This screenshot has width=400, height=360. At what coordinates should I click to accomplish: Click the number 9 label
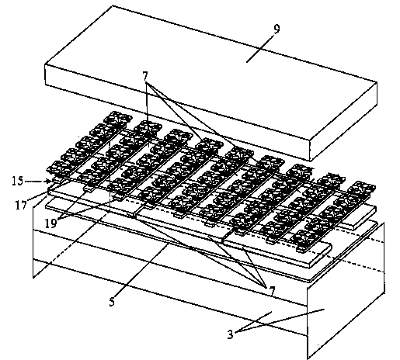pos(277,29)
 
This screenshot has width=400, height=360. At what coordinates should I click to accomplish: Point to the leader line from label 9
pos(259,48)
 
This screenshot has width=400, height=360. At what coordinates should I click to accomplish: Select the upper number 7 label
pos(145,76)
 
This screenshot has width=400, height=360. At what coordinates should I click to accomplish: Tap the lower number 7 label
pos(272,291)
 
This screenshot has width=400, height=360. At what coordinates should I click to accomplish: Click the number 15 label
pos(18,181)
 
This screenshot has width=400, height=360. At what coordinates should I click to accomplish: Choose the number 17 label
pos(21,206)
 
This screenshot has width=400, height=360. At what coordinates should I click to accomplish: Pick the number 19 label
pos(50,223)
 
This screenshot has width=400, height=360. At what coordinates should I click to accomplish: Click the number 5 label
pos(112,302)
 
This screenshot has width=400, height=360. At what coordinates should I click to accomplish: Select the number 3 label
pos(230,334)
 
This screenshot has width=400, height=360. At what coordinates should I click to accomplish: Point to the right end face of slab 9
pos(343,121)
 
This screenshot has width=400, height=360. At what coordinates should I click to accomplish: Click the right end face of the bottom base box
pos(346,289)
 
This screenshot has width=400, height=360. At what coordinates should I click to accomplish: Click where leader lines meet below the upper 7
pos(147,83)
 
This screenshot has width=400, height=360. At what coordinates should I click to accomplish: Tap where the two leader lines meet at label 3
pos(236,332)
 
